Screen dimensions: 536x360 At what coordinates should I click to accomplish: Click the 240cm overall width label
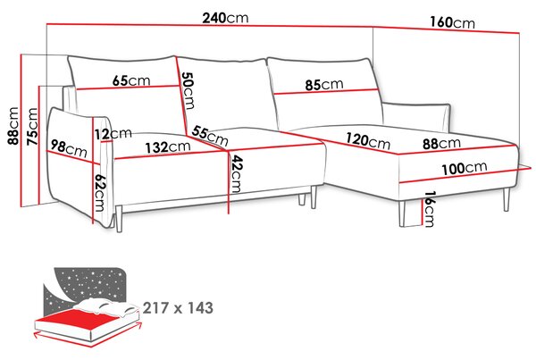(225, 18)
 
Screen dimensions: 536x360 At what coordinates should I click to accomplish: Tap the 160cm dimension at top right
(452, 22)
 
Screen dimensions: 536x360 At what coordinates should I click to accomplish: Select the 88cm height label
(13, 125)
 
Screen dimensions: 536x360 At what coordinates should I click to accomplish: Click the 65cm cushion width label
(131, 80)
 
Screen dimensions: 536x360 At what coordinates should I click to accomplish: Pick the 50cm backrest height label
(188, 90)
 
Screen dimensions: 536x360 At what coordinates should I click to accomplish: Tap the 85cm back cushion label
(324, 85)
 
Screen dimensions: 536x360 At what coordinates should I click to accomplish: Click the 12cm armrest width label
(113, 134)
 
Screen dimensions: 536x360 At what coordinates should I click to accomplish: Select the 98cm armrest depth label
(69, 148)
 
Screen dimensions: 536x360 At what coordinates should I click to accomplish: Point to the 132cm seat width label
(168, 147)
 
